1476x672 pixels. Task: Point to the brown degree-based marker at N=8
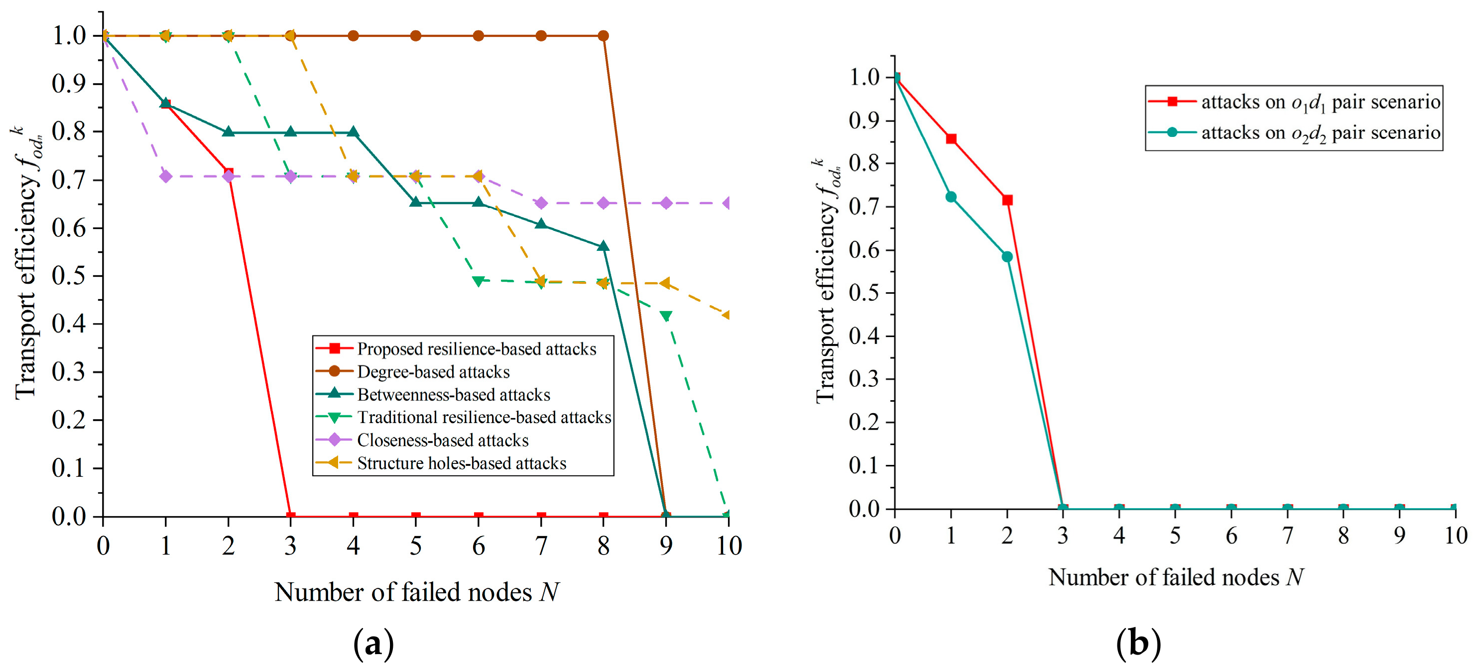tap(604, 36)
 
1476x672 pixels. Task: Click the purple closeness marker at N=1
tap(166, 176)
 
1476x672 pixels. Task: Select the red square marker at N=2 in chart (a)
tap(228, 173)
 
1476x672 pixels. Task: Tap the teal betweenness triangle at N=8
tap(604, 246)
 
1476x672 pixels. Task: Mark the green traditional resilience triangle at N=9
tap(666, 316)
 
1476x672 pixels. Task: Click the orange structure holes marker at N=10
tap(727, 315)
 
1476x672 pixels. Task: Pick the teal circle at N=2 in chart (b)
tap(1007, 257)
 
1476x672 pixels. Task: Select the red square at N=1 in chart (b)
tap(951, 139)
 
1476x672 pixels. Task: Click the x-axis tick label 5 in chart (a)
tap(416, 546)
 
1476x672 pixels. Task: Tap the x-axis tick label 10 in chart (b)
tap(1456, 536)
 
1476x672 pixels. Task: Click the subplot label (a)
tap(373, 643)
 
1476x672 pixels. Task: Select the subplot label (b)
tap(1138, 643)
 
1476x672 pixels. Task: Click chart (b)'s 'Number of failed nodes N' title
tap(1176, 577)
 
